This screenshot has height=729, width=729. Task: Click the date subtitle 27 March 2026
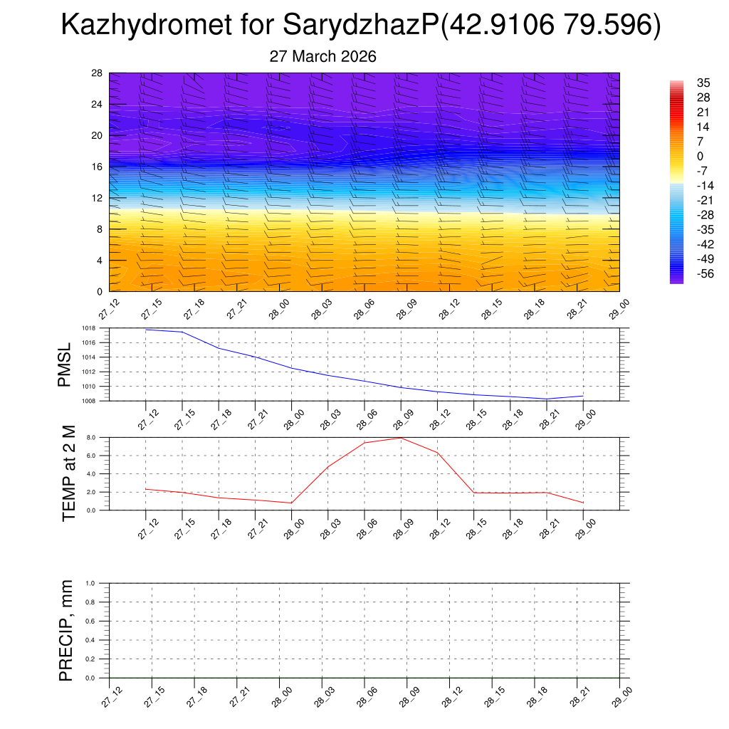tap(322, 56)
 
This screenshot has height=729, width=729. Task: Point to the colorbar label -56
tap(686, 273)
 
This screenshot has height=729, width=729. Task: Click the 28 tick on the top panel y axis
tap(98, 73)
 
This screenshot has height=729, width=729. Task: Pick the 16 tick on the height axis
tap(98, 167)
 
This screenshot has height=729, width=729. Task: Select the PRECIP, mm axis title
tap(66, 631)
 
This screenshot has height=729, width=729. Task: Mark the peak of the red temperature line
tap(401, 437)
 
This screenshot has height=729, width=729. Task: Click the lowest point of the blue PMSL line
tap(547, 399)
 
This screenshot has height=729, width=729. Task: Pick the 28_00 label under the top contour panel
tap(279, 310)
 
